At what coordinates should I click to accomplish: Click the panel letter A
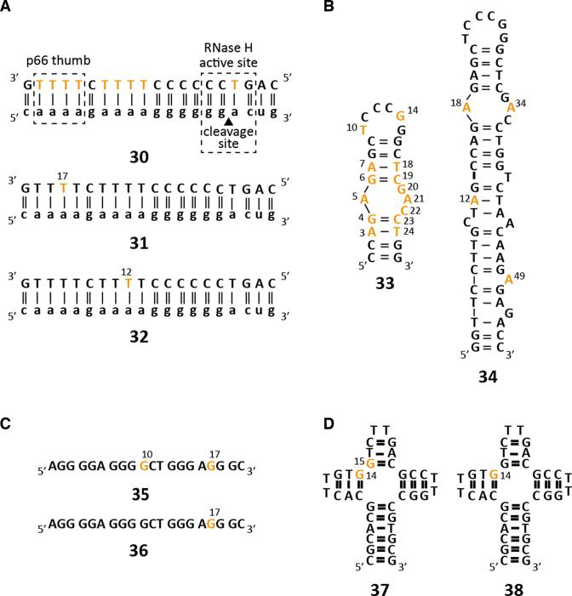[x=7, y=7]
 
